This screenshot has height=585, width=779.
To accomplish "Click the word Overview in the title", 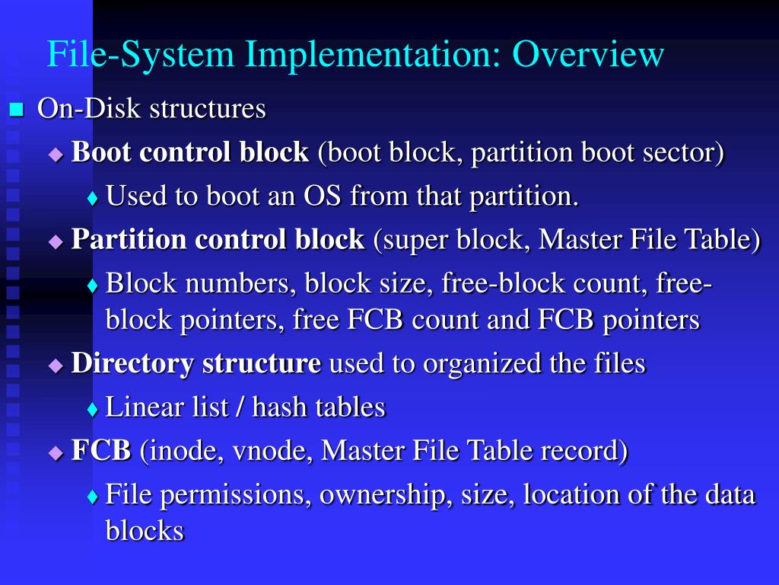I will [588, 55].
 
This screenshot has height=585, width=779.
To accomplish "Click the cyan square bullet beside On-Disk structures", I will [16, 110].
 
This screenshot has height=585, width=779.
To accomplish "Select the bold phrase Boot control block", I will [190, 152].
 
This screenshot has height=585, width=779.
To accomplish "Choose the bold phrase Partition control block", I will [218, 240].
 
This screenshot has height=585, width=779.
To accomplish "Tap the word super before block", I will [415, 240].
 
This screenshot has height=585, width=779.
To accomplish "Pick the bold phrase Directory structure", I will [196, 363].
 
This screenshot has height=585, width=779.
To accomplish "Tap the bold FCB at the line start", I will [101, 450].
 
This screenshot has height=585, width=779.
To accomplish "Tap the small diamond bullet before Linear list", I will [93, 409].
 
